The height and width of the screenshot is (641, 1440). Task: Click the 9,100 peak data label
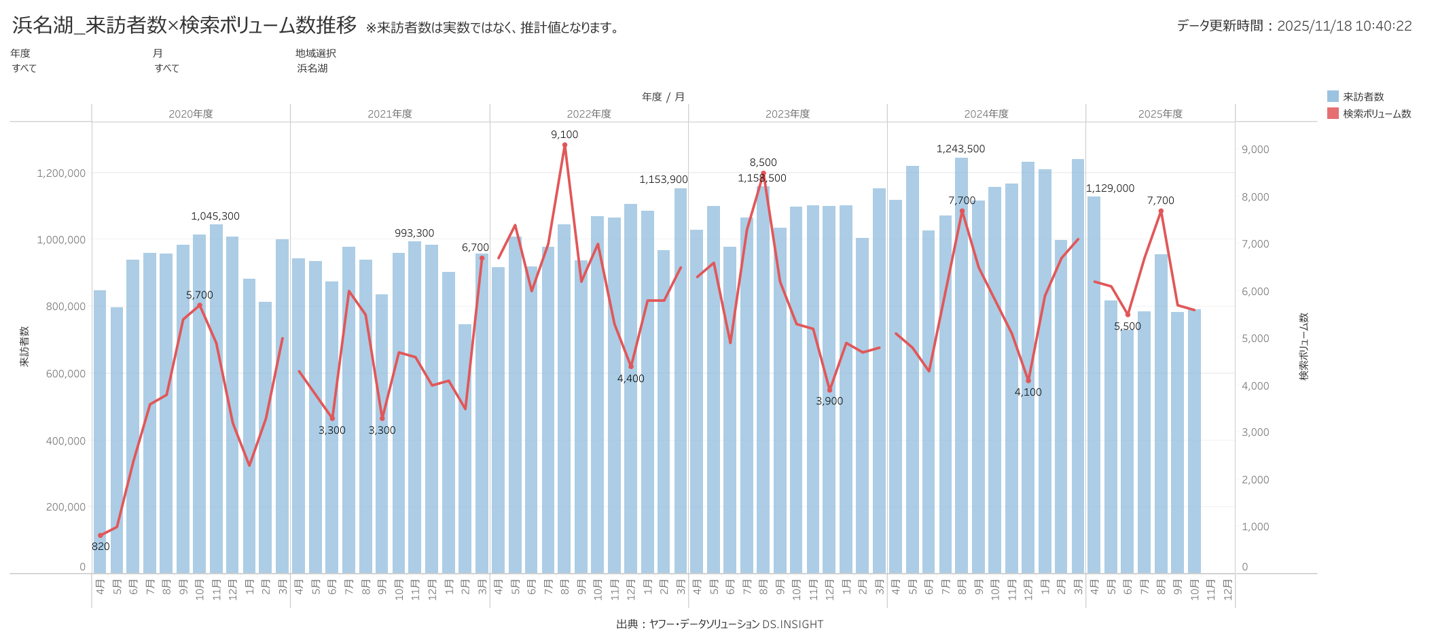(x=564, y=135)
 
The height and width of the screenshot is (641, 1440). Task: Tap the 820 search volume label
(x=101, y=547)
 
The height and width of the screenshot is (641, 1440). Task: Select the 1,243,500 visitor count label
(x=960, y=149)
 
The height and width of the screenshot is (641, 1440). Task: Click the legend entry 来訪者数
(x=1363, y=97)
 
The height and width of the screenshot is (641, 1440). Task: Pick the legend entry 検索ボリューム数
(x=1376, y=114)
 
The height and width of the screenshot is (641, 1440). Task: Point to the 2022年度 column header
(x=589, y=114)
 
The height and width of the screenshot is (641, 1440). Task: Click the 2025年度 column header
(x=1160, y=114)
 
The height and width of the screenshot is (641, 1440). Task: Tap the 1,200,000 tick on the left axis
(x=61, y=173)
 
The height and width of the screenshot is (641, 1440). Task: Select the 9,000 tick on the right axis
(x=1255, y=150)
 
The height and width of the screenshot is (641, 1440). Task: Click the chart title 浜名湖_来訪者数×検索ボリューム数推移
(x=184, y=25)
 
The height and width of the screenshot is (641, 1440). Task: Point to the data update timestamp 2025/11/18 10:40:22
(x=1344, y=26)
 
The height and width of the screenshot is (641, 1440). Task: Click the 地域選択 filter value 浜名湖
(x=312, y=68)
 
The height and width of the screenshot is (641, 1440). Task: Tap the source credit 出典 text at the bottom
(x=719, y=624)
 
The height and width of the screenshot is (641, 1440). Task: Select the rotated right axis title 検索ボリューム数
(x=1303, y=346)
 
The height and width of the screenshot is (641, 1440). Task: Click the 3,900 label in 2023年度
(x=829, y=401)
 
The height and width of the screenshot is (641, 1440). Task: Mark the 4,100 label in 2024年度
(x=1028, y=392)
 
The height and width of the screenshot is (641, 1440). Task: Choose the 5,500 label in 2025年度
(x=1128, y=326)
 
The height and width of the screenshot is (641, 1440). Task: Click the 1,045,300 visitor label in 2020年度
(x=215, y=216)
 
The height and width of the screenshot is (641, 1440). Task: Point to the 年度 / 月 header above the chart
(x=663, y=97)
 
